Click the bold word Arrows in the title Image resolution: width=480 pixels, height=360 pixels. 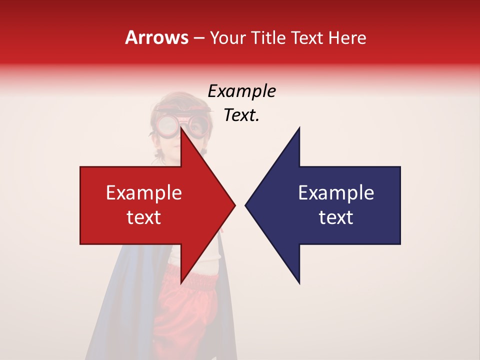pyautogui.click(x=156, y=37)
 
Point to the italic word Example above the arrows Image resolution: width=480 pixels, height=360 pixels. pyautogui.click(x=241, y=91)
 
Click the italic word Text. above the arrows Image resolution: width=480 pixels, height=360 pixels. pyautogui.click(x=241, y=115)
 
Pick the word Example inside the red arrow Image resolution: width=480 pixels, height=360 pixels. pyautogui.click(x=144, y=193)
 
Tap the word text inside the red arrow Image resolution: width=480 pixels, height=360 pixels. pyautogui.click(x=144, y=217)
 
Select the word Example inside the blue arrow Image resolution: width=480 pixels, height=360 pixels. pyautogui.click(x=336, y=193)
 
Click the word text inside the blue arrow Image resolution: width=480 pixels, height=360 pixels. pyautogui.click(x=336, y=217)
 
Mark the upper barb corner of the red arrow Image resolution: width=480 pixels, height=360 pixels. pyautogui.click(x=181, y=129)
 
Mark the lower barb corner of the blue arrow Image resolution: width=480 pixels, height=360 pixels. pyautogui.click(x=299, y=282)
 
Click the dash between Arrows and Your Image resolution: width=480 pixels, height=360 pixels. pyautogui.click(x=198, y=38)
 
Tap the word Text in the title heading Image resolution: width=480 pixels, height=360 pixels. pyautogui.click(x=305, y=37)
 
